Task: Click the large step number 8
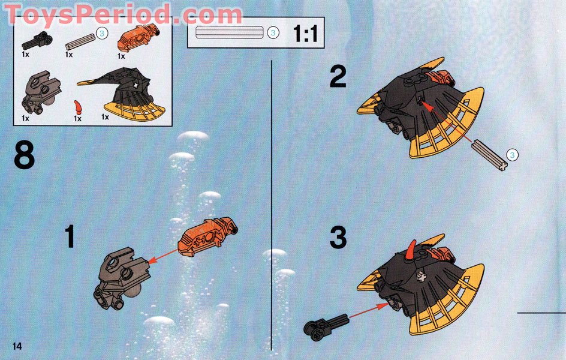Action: (24, 157)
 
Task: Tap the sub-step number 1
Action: (70, 236)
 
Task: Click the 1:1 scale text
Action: (305, 34)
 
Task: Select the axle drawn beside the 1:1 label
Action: (229, 33)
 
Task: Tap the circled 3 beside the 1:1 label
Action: (273, 33)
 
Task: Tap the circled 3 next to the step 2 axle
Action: (513, 155)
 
